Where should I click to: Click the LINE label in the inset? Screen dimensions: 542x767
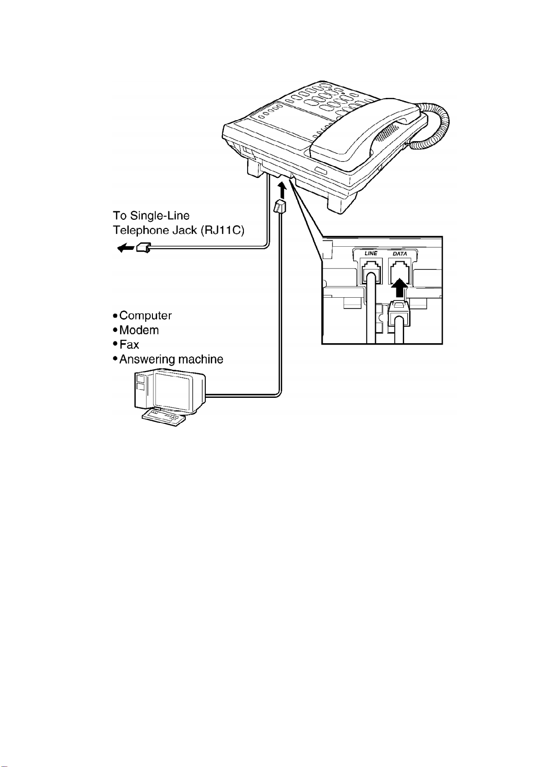(x=371, y=253)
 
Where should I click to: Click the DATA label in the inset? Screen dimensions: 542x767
(x=400, y=254)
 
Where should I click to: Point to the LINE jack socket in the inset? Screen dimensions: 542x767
(x=370, y=271)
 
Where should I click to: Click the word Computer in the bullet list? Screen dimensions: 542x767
(x=146, y=315)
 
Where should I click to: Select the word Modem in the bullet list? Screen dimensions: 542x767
(x=139, y=330)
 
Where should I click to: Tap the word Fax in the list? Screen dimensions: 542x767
(x=129, y=345)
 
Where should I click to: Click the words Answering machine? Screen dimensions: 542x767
(x=171, y=359)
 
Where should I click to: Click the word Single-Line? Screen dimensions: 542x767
(x=160, y=216)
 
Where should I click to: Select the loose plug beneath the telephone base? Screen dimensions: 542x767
(x=279, y=207)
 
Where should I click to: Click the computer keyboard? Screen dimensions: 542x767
(x=164, y=417)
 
